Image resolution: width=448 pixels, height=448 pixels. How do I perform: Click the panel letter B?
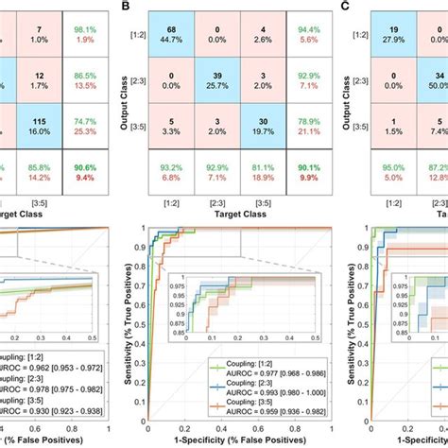[x=129, y=7]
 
